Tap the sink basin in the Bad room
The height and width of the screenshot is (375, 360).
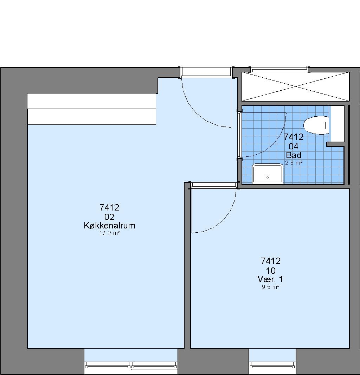click(268, 174)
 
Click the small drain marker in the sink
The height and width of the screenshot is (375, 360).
click(268, 177)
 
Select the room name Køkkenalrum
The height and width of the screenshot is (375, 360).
click(110, 226)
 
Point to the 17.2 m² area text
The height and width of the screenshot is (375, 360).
click(110, 233)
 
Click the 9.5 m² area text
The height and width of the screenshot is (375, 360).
click(271, 287)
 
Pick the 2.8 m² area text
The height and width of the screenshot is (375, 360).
click(294, 163)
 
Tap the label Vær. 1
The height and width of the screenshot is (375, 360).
click(270, 279)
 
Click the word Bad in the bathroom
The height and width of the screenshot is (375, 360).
click(294, 155)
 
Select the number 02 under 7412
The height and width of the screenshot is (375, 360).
click(109, 217)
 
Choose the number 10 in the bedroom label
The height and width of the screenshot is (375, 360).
click(271, 271)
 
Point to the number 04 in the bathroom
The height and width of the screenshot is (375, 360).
click(294, 146)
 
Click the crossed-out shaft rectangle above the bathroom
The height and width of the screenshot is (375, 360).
click(296, 86)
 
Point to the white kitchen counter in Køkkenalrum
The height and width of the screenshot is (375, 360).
click(92, 109)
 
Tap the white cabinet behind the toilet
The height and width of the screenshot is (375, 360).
click(337, 124)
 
